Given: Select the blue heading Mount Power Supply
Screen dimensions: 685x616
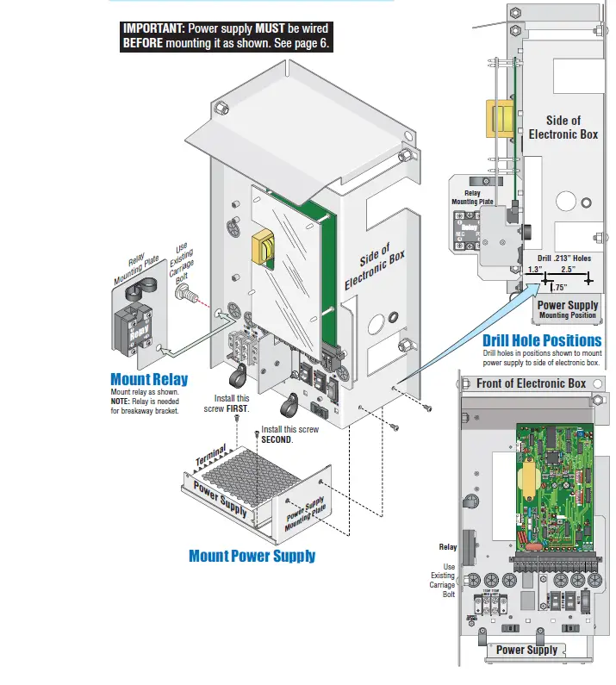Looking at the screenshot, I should pyautogui.click(x=252, y=556).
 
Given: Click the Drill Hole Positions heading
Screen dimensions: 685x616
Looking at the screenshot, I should pyautogui.click(x=541, y=340).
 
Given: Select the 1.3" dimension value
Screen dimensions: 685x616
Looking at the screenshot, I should pyautogui.click(x=534, y=269).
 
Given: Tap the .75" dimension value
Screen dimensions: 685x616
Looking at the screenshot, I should pyautogui.click(x=559, y=288).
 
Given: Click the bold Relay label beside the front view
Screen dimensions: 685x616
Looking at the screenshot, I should pyautogui.click(x=447, y=547).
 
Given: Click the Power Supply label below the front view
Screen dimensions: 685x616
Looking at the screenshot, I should pyautogui.click(x=526, y=650).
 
